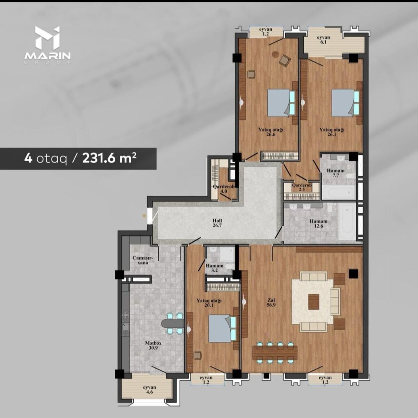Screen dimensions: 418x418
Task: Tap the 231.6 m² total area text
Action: click(x=109, y=158)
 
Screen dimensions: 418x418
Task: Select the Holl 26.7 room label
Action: click(x=217, y=223)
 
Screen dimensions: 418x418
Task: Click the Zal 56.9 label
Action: click(x=271, y=303)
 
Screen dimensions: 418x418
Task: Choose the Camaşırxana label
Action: click(x=143, y=260)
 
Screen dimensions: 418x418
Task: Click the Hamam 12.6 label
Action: click(x=318, y=224)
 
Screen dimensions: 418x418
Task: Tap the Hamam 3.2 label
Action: click(x=215, y=268)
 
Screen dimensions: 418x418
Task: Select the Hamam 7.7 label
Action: click(x=335, y=173)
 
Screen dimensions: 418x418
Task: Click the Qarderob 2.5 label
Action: click(x=302, y=187)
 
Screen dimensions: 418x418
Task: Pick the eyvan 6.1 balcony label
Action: click(x=323, y=40)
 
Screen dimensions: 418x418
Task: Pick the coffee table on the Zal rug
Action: click(x=313, y=302)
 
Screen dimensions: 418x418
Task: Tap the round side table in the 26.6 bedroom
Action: click(x=276, y=54)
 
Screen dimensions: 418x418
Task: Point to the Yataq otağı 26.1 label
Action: click(x=332, y=132)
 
